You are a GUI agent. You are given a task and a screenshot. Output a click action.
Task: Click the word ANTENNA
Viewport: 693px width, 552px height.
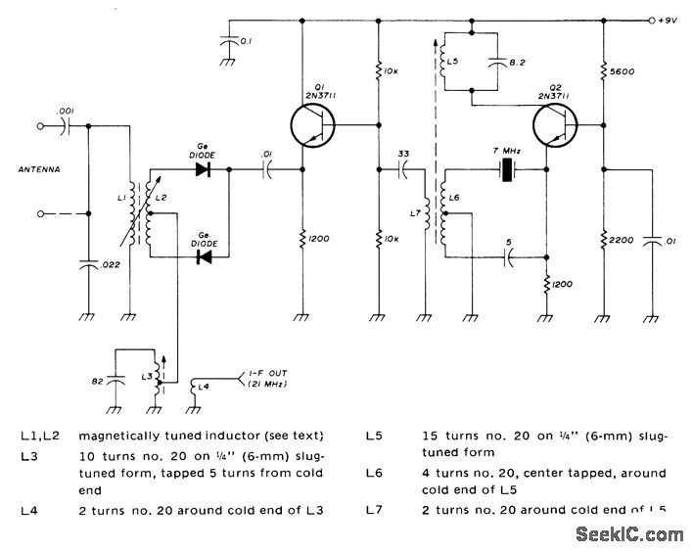point(38,168)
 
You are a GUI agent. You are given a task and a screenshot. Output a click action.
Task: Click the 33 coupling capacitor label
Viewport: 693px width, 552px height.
point(403,154)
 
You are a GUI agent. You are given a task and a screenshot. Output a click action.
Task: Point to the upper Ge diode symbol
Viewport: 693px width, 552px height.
point(203,169)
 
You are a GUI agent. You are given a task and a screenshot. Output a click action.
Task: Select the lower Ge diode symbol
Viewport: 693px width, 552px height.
point(204,257)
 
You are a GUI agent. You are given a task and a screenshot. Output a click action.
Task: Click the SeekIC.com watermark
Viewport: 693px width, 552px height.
point(631,534)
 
